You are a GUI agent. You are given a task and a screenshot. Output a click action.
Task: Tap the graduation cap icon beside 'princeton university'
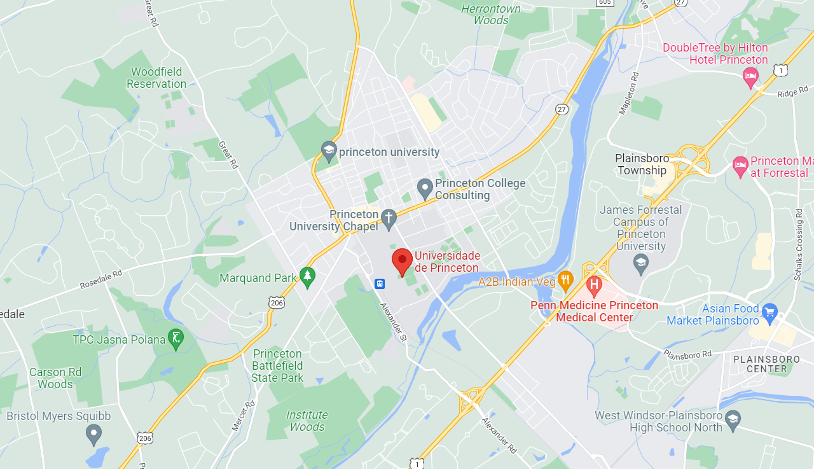point(329,151)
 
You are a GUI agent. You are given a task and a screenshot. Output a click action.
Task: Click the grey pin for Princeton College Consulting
point(425,188)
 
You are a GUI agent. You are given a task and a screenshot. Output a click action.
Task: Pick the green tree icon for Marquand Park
point(308,277)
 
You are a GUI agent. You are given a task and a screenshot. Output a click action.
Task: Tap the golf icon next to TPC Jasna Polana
point(176,339)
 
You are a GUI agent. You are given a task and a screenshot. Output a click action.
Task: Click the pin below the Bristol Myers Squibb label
point(93,435)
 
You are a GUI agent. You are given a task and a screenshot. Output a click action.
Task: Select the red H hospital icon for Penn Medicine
point(595,285)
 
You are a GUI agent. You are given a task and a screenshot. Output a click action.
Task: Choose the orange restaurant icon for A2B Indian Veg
point(565,281)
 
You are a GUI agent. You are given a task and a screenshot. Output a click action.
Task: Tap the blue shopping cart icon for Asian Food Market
point(769,312)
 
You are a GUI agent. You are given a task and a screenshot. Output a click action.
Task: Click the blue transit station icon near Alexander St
point(380,283)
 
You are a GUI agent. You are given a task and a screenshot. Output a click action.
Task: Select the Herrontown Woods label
point(490,14)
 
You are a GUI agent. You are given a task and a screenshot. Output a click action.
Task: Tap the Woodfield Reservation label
point(156,78)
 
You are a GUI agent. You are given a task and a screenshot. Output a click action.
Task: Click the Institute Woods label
point(307,421)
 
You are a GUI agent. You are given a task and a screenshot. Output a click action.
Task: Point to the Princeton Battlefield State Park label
point(277,366)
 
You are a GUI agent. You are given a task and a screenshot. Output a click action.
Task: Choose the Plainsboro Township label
point(641,164)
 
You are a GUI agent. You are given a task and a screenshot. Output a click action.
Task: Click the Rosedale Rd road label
point(100,280)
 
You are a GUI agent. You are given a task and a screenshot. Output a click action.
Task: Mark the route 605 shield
point(605,3)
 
